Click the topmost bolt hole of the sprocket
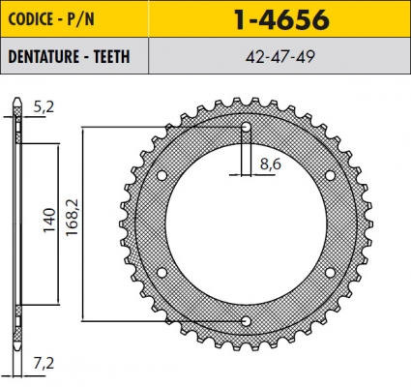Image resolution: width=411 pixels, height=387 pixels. tap(246, 127)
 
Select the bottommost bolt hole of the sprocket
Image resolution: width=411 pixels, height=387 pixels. tap(246, 320)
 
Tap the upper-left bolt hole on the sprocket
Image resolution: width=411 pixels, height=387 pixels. tap(161, 175)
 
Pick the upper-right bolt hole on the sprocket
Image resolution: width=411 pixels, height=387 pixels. tap(330, 175)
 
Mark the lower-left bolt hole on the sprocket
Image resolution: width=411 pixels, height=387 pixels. tap(161, 272)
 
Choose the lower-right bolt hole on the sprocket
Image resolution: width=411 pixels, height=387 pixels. tap(330, 272)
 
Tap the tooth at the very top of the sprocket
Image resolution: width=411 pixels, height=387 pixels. tap(246, 102)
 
